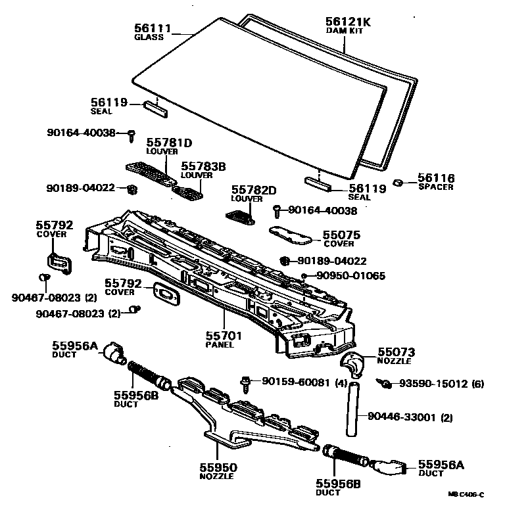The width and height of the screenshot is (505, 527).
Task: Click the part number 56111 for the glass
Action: pos(153,28)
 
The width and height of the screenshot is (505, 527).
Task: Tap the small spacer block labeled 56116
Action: pos(398,181)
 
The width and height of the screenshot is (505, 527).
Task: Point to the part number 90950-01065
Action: pos(351,276)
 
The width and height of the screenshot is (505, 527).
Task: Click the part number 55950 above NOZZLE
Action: pos(218,467)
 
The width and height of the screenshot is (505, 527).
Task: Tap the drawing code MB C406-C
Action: pos(466,495)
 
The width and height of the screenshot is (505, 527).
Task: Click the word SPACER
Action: pos(436,187)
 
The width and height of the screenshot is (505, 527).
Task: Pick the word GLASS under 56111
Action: pos(149,37)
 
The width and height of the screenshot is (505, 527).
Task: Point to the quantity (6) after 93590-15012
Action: pos(478,383)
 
